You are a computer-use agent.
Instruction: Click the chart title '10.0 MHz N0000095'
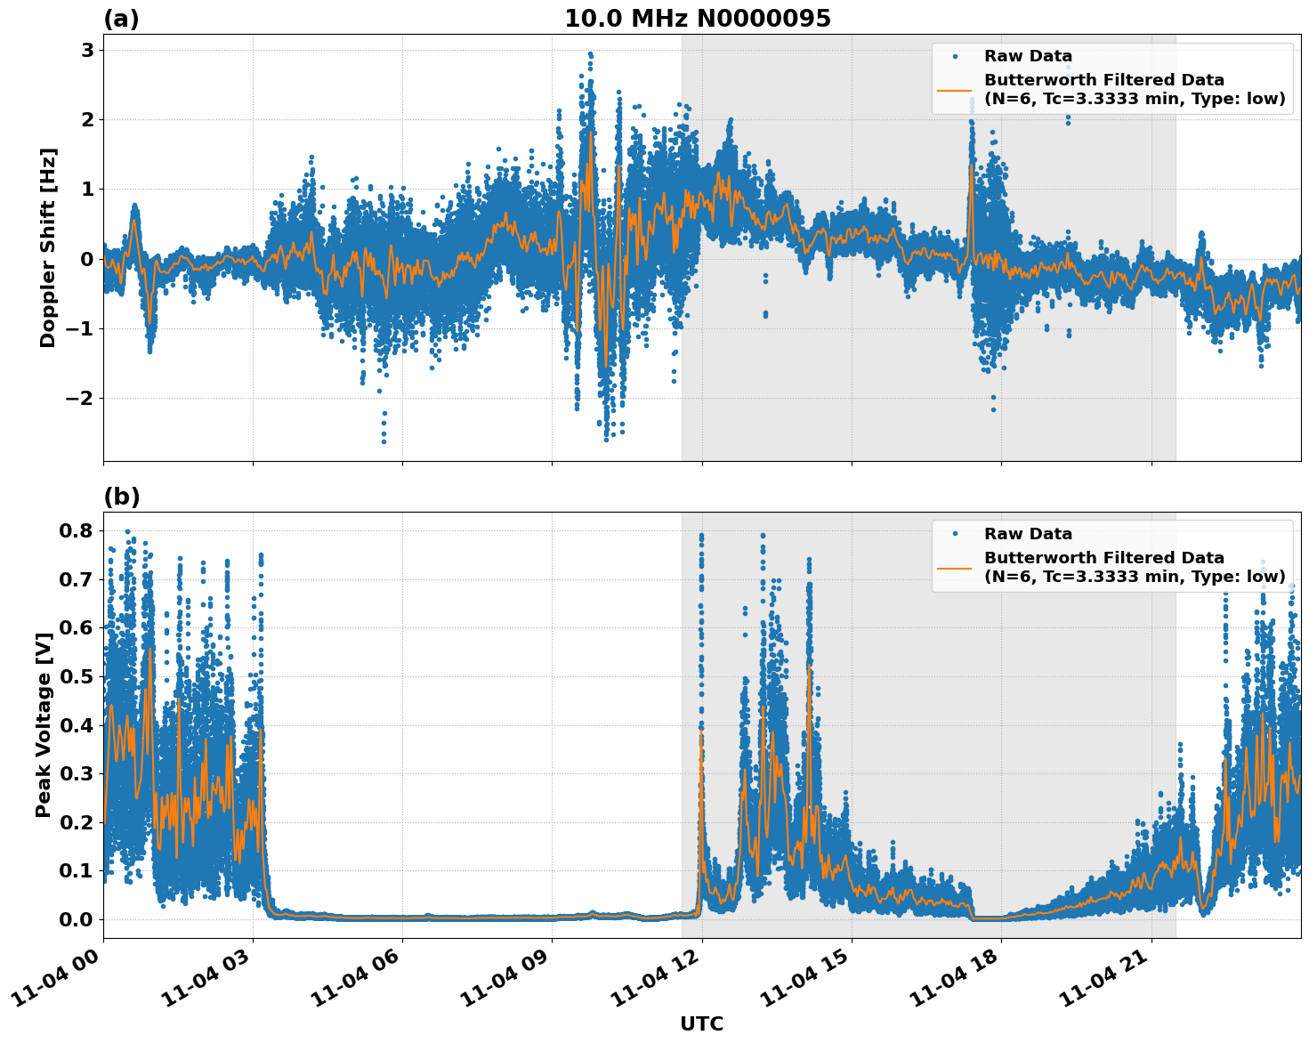coord(698,19)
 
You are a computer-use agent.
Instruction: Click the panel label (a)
coord(121,19)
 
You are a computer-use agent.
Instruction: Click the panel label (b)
coord(121,497)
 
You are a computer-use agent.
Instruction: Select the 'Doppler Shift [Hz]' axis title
coord(48,247)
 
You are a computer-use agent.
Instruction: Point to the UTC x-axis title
coord(701,1023)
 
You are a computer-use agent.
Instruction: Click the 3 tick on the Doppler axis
coord(87,50)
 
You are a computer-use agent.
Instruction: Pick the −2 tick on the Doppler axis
coord(80,398)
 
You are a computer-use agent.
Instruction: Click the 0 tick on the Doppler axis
coord(87,259)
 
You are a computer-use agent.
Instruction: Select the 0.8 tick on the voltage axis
coord(77,531)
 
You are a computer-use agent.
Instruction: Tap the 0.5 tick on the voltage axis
coord(77,676)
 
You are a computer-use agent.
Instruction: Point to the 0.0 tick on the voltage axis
coord(77,919)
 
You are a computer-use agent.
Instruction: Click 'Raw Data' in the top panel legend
coord(1028,56)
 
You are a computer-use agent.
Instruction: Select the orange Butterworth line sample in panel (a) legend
coord(955,90)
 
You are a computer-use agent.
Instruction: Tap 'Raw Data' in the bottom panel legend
coord(1028,534)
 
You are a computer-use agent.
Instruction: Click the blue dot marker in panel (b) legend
coord(955,534)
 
